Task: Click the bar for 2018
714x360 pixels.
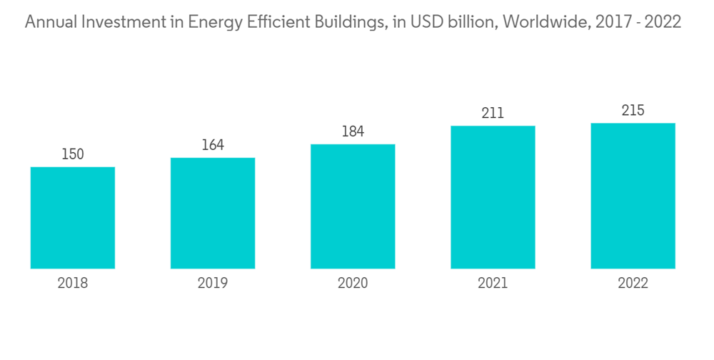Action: tap(73, 218)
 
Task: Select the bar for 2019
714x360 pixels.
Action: tap(213, 213)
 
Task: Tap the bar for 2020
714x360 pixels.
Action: tap(353, 206)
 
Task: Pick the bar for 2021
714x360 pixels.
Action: tap(493, 197)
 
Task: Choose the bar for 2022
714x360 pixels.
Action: tap(633, 196)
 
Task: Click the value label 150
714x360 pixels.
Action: tap(73, 154)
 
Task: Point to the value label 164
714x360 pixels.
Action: tap(213, 145)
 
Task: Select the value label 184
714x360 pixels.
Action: tap(353, 131)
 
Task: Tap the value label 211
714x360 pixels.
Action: tap(493, 113)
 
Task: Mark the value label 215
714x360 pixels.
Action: tap(633, 111)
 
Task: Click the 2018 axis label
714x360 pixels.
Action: tap(73, 284)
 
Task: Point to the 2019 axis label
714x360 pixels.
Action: tap(213, 284)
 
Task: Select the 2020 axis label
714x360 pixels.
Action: tap(353, 284)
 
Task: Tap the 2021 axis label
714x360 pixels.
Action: tap(493, 284)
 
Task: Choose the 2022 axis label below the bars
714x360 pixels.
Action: tap(633, 284)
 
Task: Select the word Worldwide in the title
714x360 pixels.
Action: tap(545, 23)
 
